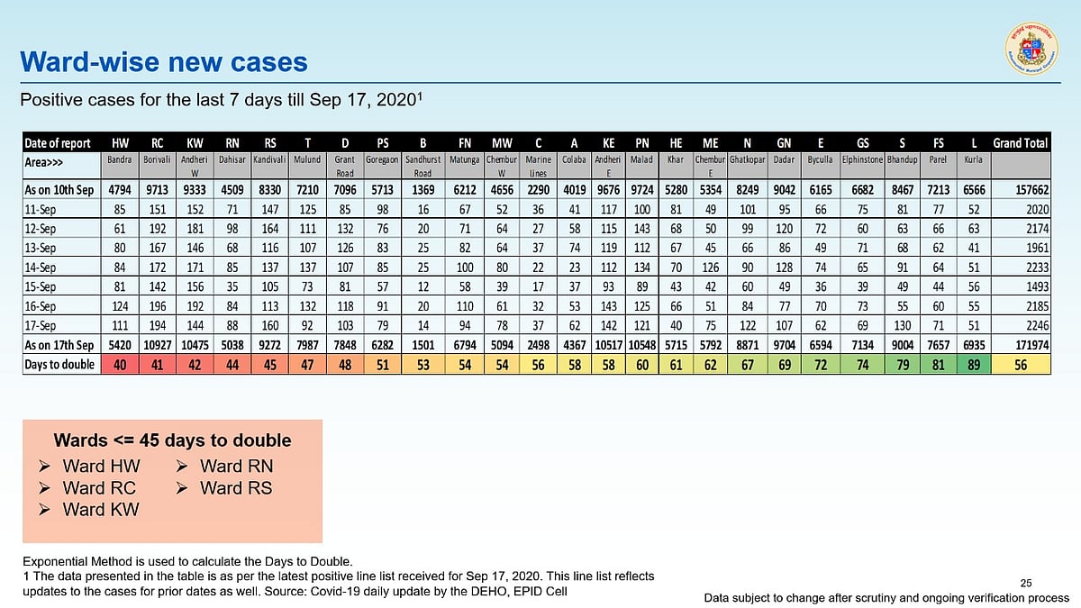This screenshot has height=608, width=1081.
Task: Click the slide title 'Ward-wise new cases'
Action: (164, 62)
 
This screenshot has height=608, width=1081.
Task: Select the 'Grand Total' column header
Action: (1021, 142)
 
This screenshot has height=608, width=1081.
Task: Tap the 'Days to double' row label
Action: (59, 364)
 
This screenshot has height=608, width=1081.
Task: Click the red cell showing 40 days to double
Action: (120, 364)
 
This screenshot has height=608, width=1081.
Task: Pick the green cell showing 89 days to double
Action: (973, 364)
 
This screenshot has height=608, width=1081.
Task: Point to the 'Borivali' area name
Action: (156, 159)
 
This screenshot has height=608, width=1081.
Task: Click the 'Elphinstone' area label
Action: (862, 159)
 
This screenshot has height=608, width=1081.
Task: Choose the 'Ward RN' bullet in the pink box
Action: (236, 467)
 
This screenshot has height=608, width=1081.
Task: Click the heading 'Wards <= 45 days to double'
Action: (172, 440)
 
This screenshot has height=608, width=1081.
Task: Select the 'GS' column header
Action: (862, 142)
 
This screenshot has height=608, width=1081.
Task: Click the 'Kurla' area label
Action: (973, 159)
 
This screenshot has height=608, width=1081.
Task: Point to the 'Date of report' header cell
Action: (58, 142)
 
